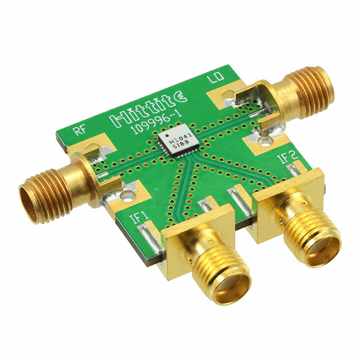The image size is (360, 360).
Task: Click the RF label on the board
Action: (80, 130)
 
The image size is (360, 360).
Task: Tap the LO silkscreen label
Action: (215, 77)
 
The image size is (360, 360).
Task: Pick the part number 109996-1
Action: (156, 123)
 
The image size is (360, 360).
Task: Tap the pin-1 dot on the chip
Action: (168, 136)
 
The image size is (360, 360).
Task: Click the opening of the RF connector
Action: (28, 202)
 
